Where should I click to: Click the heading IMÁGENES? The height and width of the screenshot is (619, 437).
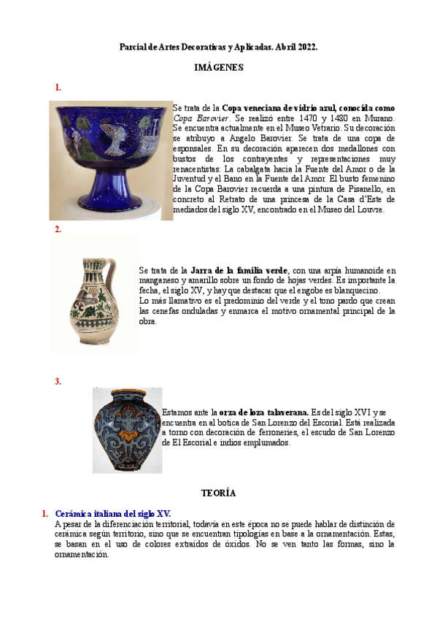[x=218, y=67]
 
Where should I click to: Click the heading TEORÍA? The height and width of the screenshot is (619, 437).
[x=218, y=493]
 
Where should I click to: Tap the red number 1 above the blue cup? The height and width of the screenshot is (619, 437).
[x=58, y=88]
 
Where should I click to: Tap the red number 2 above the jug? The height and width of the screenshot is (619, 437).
[x=58, y=229]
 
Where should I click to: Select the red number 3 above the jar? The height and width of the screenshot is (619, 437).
[x=58, y=381]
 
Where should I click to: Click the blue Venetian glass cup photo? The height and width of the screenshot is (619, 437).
[x=110, y=159]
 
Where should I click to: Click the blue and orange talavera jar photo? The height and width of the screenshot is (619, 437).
[x=127, y=430]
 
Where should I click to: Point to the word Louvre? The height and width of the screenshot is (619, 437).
[x=369, y=209]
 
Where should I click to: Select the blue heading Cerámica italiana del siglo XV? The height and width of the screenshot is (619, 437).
[x=113, y=514]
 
